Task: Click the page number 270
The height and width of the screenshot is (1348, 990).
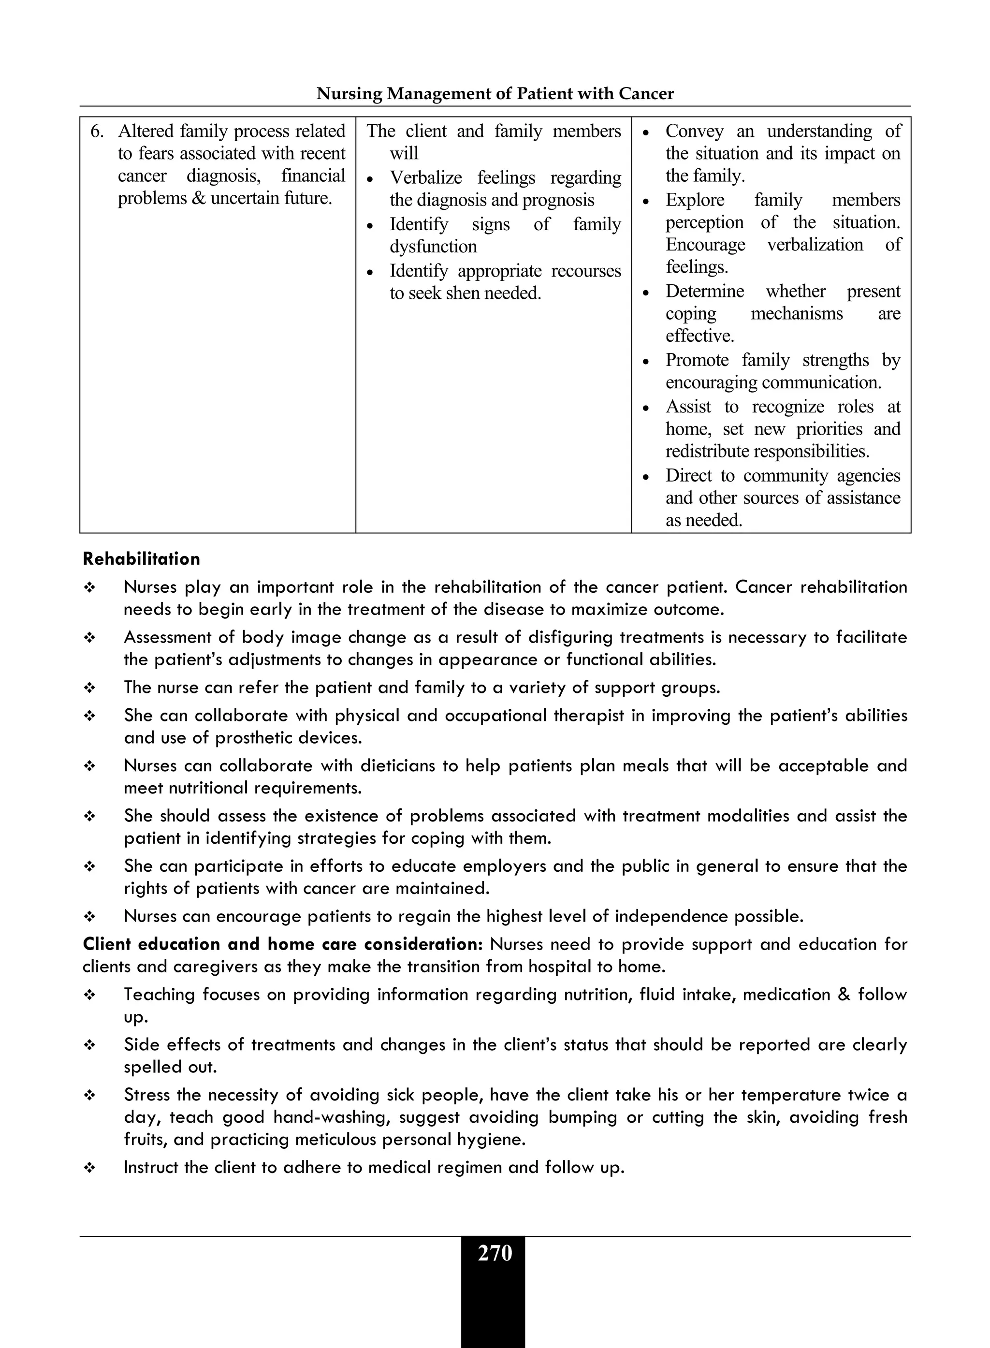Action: click(x=495, y=1253)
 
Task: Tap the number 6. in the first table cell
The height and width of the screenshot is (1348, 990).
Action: click(x=98, y=131)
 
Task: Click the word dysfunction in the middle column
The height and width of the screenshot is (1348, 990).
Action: click(x=433, y=247)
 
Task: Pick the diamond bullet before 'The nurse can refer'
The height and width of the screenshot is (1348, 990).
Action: click(x=89, y=688)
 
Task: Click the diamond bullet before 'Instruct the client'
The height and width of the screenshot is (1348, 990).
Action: click(x=89, y=1168)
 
